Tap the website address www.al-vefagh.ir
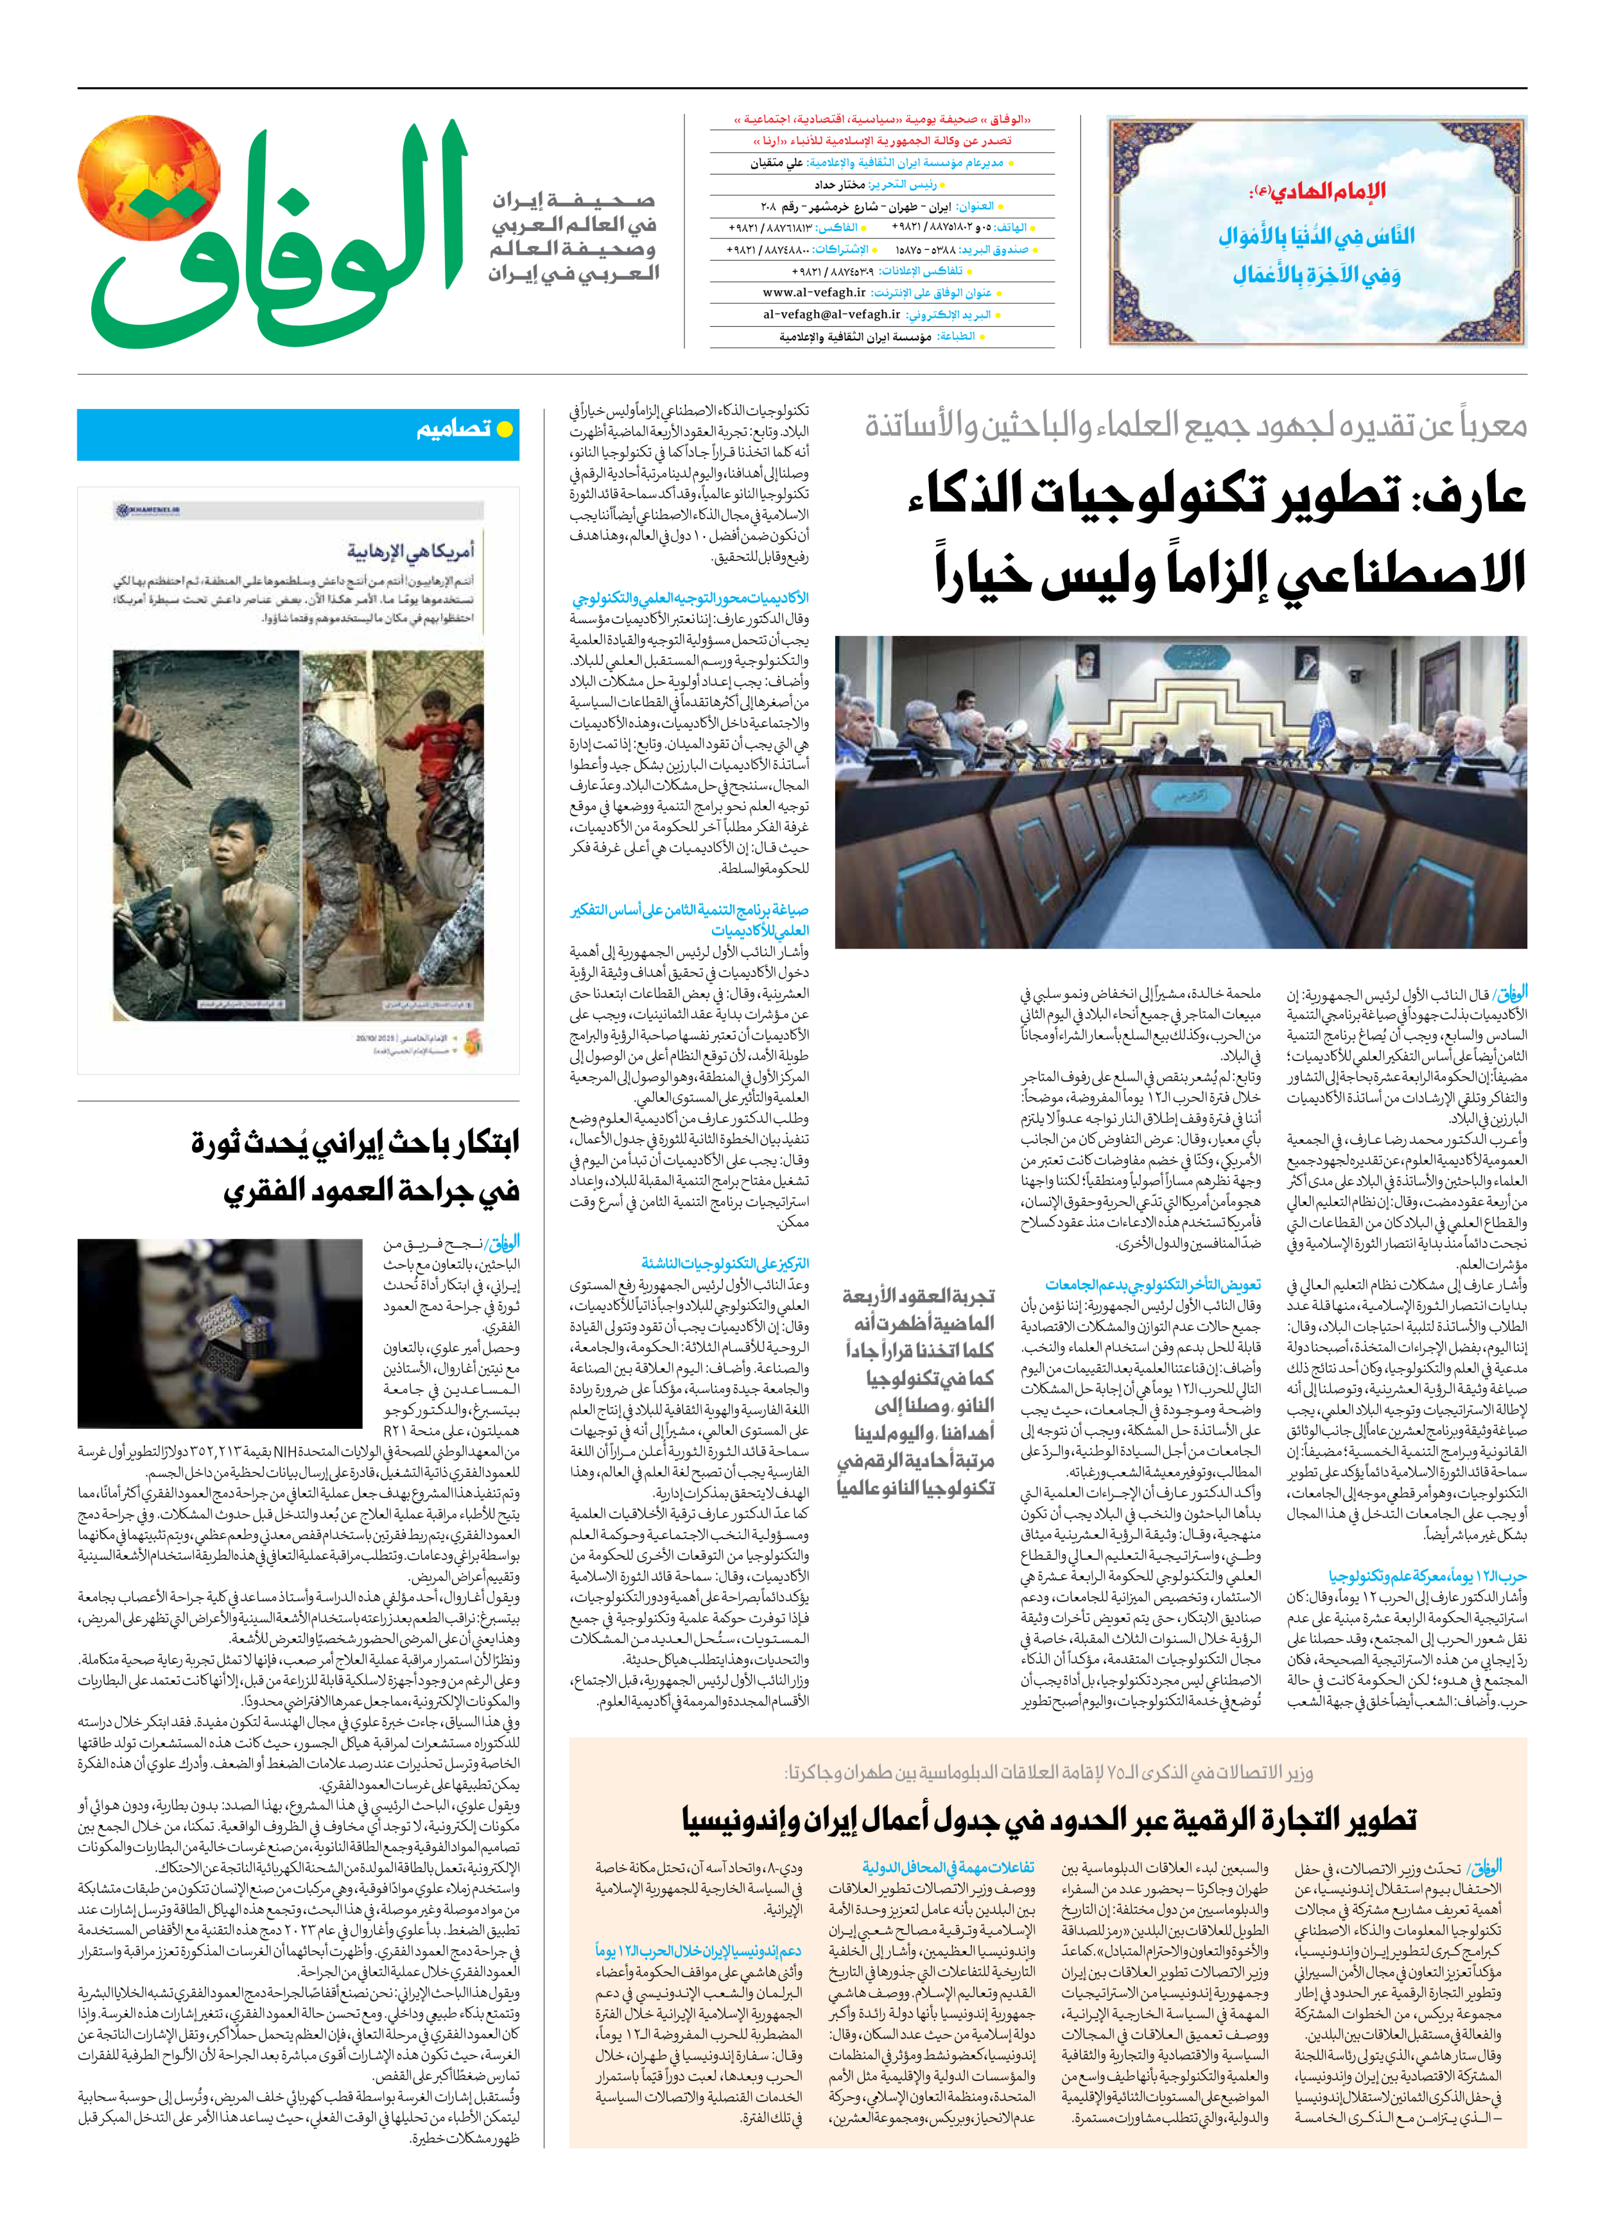coord(814,293)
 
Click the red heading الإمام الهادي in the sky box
coord(1315,191)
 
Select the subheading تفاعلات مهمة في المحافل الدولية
coord(948,1867)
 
